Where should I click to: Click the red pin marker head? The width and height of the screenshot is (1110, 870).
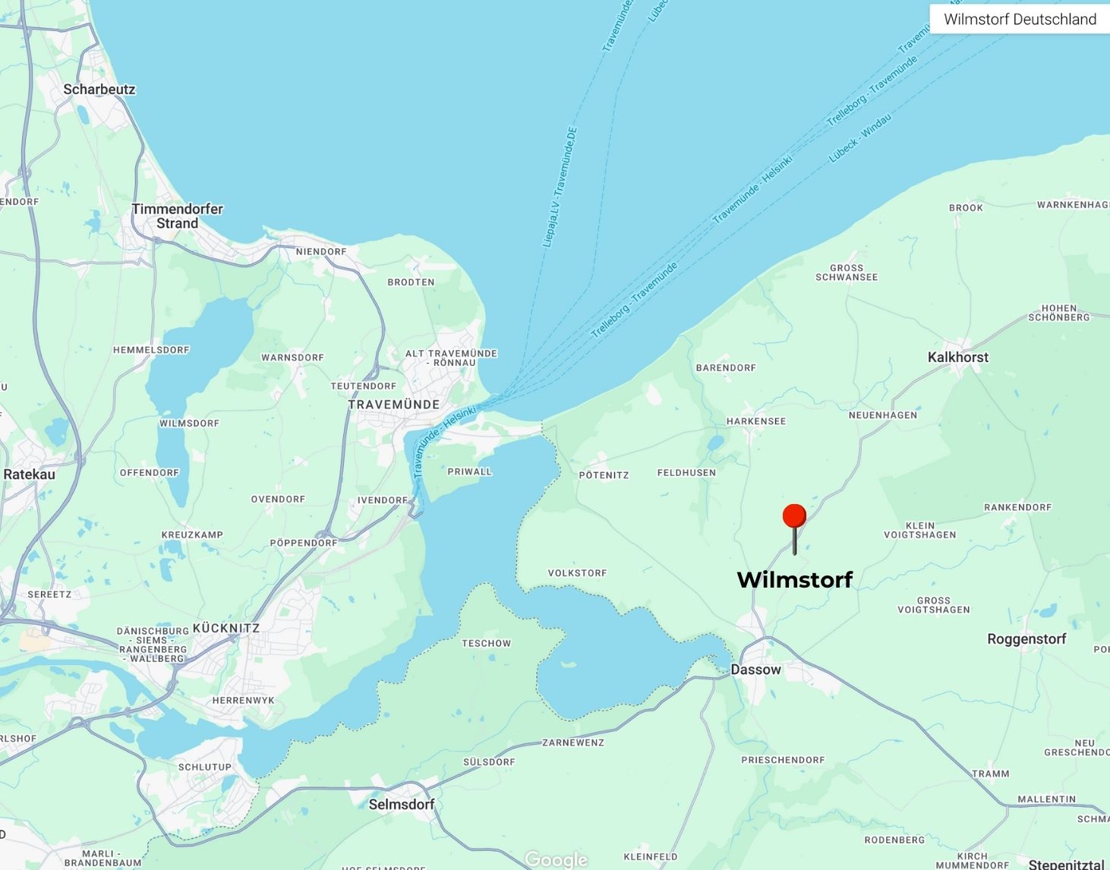click(794, 516)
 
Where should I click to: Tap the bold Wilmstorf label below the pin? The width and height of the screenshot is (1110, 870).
click(795, 580)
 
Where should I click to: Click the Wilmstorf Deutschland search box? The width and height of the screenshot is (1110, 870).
click(1020, 19)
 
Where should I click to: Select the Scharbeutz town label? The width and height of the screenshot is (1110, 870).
click(99, 90)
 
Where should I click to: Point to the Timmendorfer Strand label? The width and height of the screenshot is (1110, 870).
click(177, 216)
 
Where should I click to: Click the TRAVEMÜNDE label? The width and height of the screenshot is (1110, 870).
click(394, 405)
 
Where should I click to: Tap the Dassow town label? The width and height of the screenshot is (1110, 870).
click(755, 670)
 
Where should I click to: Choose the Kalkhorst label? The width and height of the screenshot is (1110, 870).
click(958, 357)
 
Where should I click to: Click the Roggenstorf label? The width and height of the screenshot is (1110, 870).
click(1026, 639)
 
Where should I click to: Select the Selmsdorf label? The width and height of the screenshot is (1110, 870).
click(402, 804)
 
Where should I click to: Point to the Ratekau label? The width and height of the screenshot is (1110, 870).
click(30, 474)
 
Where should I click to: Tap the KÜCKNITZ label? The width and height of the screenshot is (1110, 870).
click(226, 629)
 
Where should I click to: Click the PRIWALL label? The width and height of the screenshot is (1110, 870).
click(470, 471)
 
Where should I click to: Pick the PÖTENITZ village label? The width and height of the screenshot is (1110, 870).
click(604, 475)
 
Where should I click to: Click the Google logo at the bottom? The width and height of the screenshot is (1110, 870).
click(556, 859)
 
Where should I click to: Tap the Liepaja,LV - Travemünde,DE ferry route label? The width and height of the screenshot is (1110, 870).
click(560, 187)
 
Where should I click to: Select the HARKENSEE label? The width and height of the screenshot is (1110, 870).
click(756, 421)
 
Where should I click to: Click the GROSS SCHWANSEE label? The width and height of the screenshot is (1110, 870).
click(847, 273)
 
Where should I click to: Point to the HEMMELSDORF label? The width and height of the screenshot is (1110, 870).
click(151, 350)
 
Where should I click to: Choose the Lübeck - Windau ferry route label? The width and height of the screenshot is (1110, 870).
click(860, 137)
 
